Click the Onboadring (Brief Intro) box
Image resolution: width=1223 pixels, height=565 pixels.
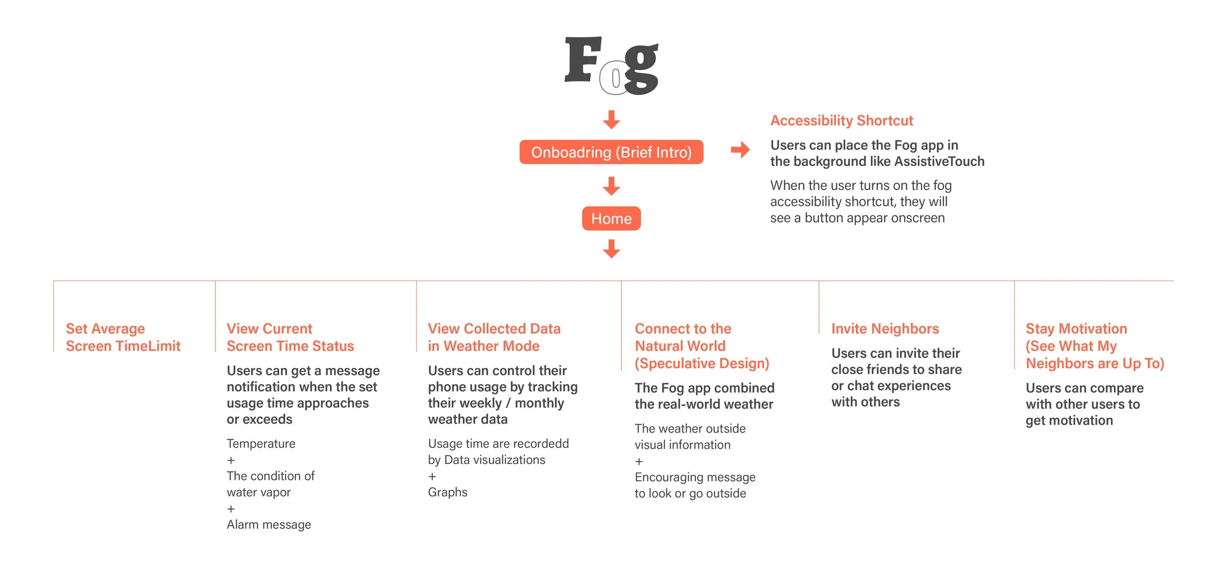point(611,152)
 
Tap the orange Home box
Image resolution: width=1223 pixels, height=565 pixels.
point(611,218)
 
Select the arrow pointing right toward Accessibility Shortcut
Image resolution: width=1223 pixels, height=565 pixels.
point(740,150)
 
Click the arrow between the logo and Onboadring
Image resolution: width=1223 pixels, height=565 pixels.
point(611,119)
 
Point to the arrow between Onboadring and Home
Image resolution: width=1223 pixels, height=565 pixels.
point(611,186)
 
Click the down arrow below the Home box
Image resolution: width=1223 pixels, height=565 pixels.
point(611,249)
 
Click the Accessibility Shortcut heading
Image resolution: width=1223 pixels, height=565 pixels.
point(841,120)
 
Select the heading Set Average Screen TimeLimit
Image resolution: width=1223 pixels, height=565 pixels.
point(123,337)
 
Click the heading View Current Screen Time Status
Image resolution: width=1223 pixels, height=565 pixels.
point(290,337)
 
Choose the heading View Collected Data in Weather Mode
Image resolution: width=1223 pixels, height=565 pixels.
point(494,337)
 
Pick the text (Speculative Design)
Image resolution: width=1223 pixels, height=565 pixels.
point(702,363)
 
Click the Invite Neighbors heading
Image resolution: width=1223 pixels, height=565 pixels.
point(885,329)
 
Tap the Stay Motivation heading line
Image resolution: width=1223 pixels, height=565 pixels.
point(1076,329)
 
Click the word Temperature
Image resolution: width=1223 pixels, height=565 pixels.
point(261,444)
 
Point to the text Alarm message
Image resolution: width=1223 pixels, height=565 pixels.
point(269,524)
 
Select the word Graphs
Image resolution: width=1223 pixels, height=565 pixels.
point(448,492)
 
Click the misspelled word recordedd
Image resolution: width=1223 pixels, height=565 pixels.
point(540,444)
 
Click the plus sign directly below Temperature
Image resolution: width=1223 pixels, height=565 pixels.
point(231,460)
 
